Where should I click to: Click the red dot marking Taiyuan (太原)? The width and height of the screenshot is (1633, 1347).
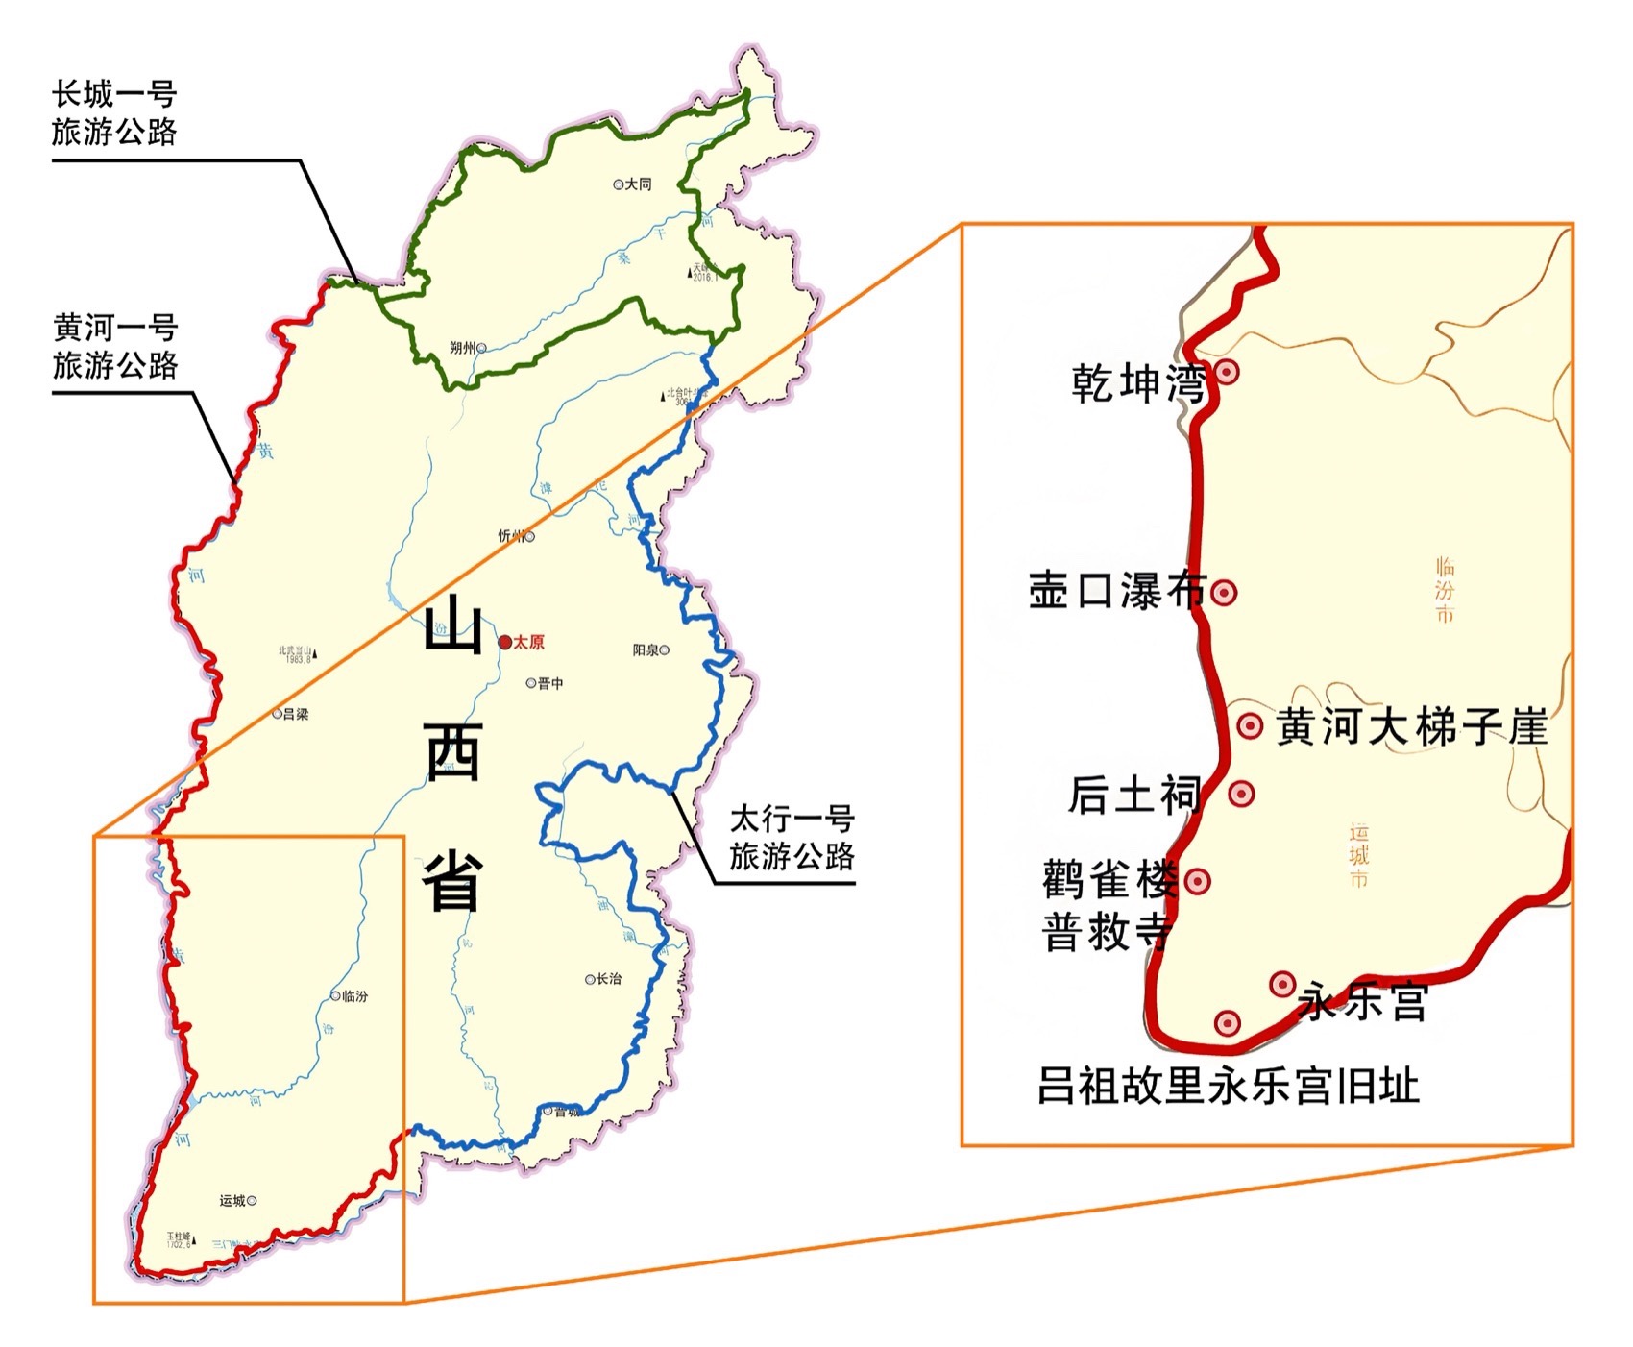(x=505, y=642)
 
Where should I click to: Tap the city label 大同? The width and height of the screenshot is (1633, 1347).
(x=639, y=184)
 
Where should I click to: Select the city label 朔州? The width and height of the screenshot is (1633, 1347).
(x=462, y=348)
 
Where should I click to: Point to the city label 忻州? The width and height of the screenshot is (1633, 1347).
(x=510, y=536)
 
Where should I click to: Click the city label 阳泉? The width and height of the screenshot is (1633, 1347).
(x=646, y=650)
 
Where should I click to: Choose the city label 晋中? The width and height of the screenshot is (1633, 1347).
(x=551, y=683)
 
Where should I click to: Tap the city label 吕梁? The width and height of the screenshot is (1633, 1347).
(x=296, y=714)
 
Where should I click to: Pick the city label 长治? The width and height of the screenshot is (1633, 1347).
(x=609, y=979)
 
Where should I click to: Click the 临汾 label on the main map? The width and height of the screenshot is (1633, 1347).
(x=355, y=996)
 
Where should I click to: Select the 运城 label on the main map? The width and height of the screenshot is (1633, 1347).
(x=232, y=1200)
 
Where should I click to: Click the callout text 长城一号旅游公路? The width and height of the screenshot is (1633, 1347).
(x=114, y=112)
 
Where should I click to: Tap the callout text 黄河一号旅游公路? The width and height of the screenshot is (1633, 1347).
(x=115, y=346)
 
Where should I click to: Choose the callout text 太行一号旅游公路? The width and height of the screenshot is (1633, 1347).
(x=792, y=838)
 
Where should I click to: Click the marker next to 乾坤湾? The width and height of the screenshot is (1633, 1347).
(x=1227, y=372)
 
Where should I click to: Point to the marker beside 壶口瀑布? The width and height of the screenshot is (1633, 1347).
(x=1223, y=593)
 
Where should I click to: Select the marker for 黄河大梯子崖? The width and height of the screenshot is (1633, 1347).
(x=1250, y=725)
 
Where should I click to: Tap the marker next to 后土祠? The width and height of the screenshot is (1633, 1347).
(x=1241, y=794)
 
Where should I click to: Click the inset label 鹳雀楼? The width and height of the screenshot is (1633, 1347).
(x=1109, y=879)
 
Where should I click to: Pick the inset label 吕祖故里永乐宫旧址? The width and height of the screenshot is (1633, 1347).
(x=1228, y=1087)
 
